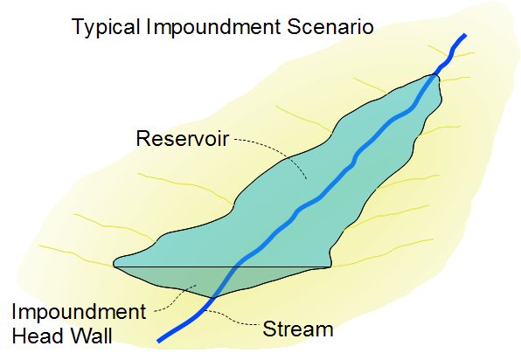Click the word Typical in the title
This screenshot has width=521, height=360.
(106, 27)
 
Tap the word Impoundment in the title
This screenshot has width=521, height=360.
(213, 27)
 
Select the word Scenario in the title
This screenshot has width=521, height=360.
(330, 26)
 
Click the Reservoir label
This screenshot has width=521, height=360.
(183, 138)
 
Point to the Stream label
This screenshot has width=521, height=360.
(298, 329)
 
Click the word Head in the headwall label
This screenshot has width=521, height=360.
(36, 336)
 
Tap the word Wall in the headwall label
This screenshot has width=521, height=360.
(87, 336)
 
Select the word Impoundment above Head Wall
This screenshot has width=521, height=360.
(79, 313)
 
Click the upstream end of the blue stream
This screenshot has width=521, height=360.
(465, 35)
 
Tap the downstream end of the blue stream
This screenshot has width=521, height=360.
(159, 341)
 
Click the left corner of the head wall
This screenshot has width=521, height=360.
(114, 267)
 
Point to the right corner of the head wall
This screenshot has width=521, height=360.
(331, 267)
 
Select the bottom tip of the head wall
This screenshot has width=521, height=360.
(212, 298)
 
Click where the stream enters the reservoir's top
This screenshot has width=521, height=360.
(434, 75)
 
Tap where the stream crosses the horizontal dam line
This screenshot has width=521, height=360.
(237, 267)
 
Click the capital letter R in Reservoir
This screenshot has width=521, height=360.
(142, 138)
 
